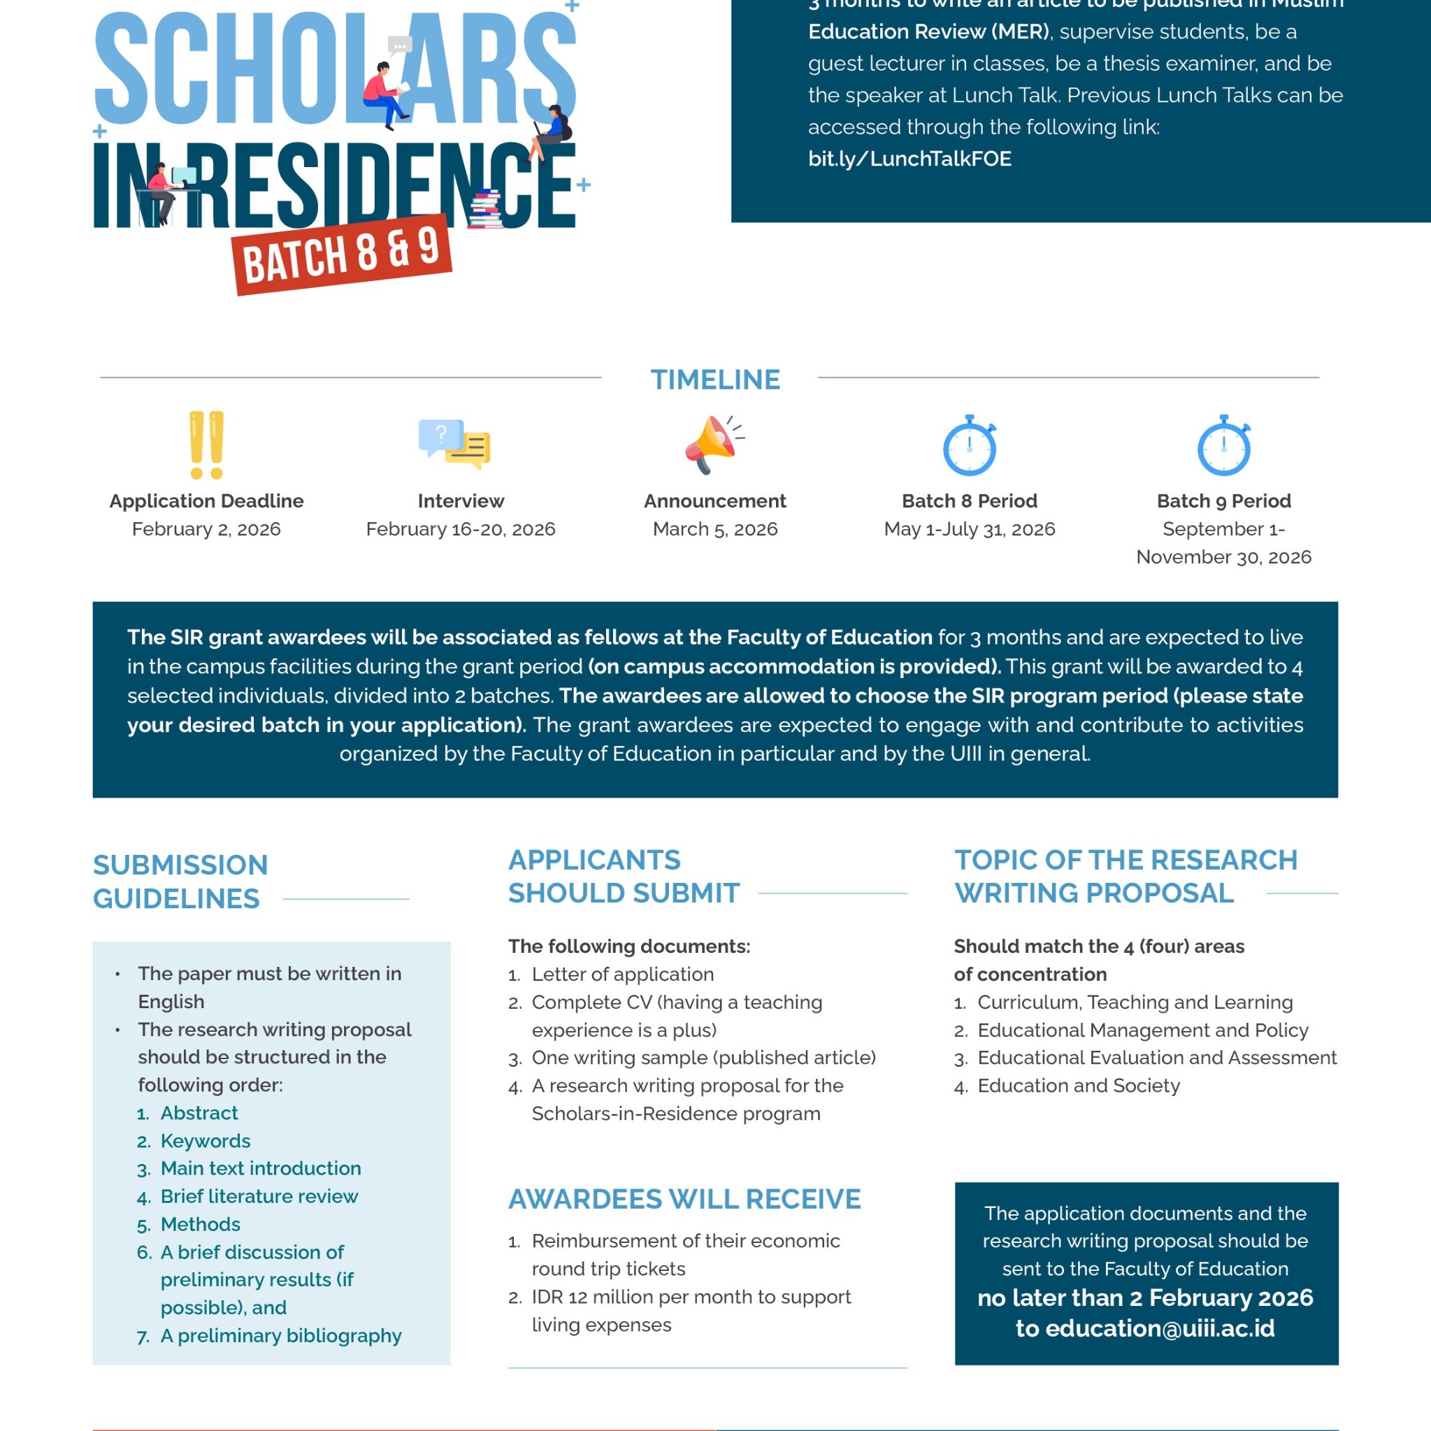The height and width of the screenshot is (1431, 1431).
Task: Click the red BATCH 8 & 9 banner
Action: [343, 256]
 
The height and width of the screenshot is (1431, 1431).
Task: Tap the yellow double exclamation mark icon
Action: [207, 445]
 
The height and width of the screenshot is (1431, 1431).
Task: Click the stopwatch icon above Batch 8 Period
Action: [969, 446]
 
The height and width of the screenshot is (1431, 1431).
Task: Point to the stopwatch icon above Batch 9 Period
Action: [1223, 446]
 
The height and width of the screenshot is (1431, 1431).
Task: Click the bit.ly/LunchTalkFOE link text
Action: [909, 159]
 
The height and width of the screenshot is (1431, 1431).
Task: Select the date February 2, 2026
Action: [207, 528]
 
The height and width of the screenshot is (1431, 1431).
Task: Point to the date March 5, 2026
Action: [714, 528]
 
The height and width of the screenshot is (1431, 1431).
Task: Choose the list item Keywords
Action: [205, 1141]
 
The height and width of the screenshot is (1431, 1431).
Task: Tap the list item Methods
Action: [200, 1224]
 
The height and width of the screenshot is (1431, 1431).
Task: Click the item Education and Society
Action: [1079, 1086]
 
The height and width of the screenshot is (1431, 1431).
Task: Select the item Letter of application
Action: [622, 975]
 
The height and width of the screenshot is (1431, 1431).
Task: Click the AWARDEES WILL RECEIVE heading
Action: [684, 1199]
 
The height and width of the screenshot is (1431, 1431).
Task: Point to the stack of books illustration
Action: [487, 210]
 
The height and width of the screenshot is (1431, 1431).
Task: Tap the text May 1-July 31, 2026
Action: [969, 528]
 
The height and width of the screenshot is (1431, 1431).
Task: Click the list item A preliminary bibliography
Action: [281, 1336]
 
